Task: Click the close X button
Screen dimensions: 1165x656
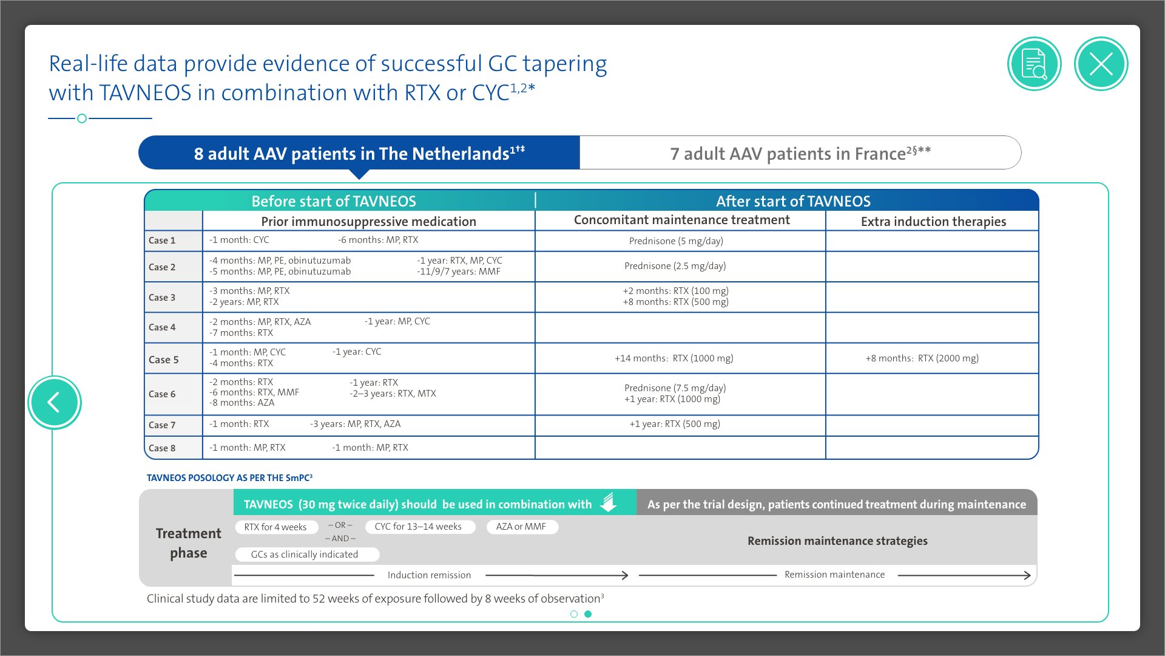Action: pos(1101,64)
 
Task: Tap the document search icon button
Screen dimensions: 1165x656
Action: pos(1034,64)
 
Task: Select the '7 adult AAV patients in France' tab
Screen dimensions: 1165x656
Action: pos(800,153)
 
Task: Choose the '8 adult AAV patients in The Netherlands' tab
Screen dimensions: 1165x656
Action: pos(359,153)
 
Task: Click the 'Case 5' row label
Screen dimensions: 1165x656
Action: pos(164,360)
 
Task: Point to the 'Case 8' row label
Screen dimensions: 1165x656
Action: pos(162,448)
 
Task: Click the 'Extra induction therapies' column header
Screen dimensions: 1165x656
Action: pos(933,222)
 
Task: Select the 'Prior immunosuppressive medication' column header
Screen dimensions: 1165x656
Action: pos(368,222)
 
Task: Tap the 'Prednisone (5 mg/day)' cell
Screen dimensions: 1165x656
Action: pos(676,241)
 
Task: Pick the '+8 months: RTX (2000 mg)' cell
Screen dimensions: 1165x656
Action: pos(922,358)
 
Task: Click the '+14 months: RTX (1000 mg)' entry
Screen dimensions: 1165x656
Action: pos(674,358)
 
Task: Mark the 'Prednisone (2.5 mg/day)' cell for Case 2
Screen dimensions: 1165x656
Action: pos(675,266)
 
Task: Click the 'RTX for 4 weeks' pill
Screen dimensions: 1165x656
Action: pos(275,527)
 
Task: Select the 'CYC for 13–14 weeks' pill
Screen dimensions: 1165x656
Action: pos(418,527)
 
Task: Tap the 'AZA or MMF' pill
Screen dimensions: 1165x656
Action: pos(521,527)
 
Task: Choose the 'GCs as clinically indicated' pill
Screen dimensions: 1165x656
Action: pos(305,555)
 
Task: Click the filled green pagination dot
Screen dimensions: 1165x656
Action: pos(588,614)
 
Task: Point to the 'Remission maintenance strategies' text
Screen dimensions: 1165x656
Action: pos(837,541)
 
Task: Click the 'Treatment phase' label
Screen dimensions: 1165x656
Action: pos(189,543)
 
